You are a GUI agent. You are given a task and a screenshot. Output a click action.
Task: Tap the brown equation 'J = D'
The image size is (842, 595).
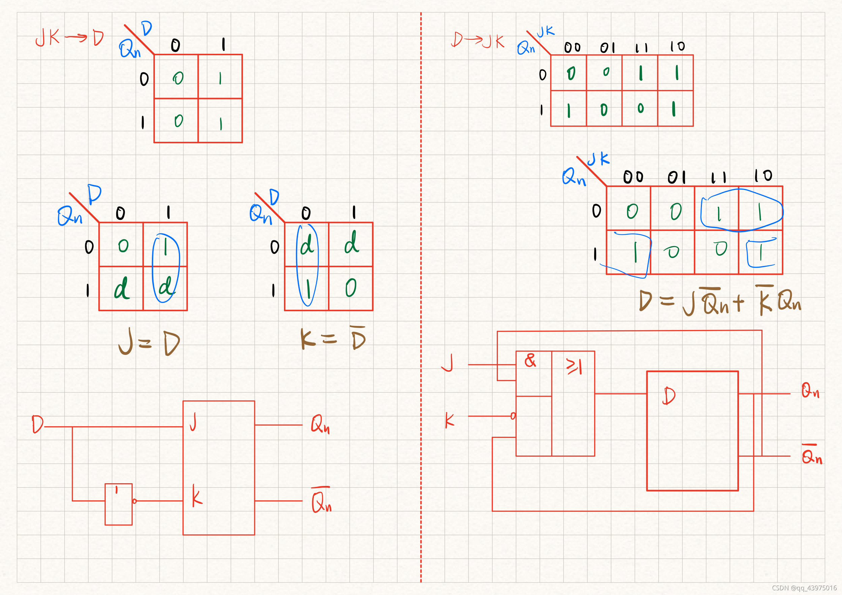[149, 342]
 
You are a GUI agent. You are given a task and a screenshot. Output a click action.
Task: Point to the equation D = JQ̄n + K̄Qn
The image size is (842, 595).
[720, 302]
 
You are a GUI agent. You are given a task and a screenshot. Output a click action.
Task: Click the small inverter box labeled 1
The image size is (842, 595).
[119, 504]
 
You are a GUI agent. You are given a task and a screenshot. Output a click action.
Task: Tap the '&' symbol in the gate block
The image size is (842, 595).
[530, 360]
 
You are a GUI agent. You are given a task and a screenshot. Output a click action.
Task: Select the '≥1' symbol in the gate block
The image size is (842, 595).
[574, 366]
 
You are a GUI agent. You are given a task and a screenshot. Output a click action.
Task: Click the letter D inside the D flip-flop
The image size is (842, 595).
[669, 396]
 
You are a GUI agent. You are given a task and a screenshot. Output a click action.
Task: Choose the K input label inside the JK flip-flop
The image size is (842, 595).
[197, 496]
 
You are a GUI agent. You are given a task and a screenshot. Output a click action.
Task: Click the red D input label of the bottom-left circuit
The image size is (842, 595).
[37, 425]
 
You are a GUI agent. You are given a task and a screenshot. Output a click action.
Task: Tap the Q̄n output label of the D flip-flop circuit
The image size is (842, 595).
[812, 454]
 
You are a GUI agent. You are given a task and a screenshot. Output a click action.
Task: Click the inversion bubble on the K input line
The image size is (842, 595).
[513, 416]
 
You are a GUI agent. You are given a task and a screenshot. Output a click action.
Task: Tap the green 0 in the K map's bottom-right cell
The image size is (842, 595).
[351, 288]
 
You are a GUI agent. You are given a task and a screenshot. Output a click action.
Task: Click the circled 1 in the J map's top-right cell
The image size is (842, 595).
[166, 246]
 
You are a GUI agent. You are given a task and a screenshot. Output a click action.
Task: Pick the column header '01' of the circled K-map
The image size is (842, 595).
[677, 177]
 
